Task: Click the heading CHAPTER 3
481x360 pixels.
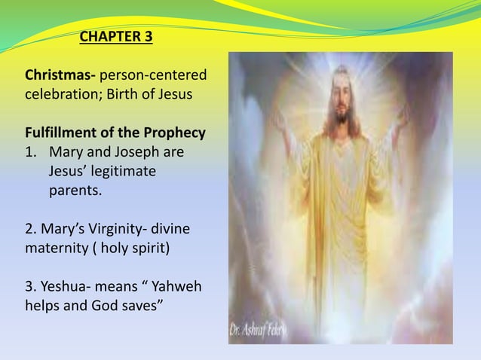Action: (x=115, y=37)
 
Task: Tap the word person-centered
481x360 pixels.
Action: (x=154, y=76)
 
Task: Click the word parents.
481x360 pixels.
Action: (x=75, y=191)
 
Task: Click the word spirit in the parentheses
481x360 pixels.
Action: (x=157, y=248)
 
